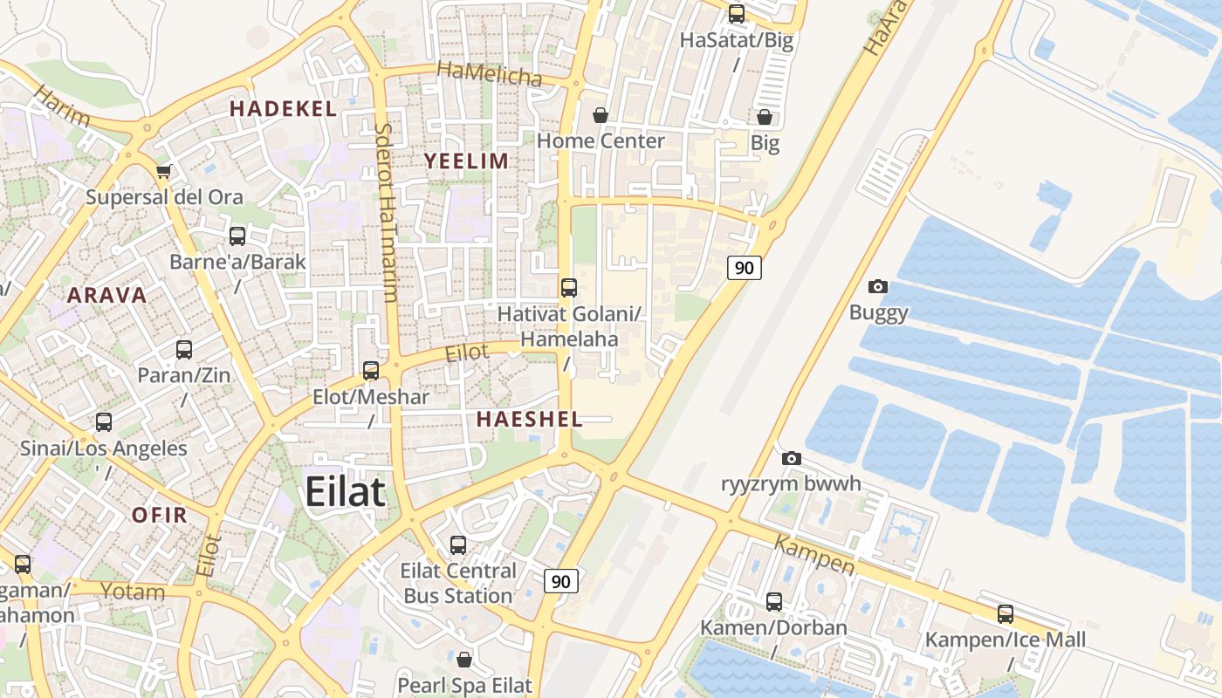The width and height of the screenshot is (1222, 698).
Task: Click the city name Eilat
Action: pyautogui.click(x=345, y=492)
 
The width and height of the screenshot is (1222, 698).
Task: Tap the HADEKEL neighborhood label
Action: pyautogui.click(x=283, y=109)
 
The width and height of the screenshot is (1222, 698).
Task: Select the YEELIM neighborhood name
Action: pyautogui.click(x=466, y=161)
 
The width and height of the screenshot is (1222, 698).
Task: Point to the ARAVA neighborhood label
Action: pyautogui.click(x=107, y=295)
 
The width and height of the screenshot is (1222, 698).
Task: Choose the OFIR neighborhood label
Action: pyautogui.click(x=160, y=515)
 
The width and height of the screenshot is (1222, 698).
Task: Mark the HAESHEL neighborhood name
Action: pyautogui.click(x=529, y=419)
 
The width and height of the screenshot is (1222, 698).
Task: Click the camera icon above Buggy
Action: pyautogui.click(x=878, y=286)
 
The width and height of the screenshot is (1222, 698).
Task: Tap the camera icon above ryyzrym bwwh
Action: pyautogui.click(x=792, y=458)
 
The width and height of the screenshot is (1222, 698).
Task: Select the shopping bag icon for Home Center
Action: pyautogui.click(x=601, y=115)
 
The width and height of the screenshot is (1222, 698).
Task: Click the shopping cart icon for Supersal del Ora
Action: pyautogui.click(x=163, y=172)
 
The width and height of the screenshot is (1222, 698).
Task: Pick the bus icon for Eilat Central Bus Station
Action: pyautogui.click(x=458, y=545)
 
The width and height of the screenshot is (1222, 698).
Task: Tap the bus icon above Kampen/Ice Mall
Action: pyautogui.click(x=1006, y=613)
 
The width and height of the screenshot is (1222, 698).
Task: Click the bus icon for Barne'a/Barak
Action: pyautogui.click(x=237, y=236)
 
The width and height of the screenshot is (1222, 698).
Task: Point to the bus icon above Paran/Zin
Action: pyautogui.click(x=184, y=350)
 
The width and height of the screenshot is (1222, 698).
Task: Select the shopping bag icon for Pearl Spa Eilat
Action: pyautogui.click(x=464, y=660)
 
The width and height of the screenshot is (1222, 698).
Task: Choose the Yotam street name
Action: pyautogui.click(x=133, y=592)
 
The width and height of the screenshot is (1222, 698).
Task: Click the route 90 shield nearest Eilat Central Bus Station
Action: pyautogui.click(x=561, y=581)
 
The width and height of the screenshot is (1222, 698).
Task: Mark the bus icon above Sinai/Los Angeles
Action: pyautogui.click(x=104, y=422)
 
